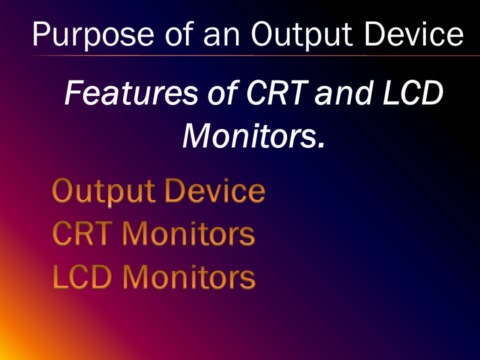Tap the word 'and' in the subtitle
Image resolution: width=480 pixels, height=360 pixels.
tap(341, 93)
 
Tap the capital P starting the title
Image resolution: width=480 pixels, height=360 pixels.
tap(41, 34)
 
